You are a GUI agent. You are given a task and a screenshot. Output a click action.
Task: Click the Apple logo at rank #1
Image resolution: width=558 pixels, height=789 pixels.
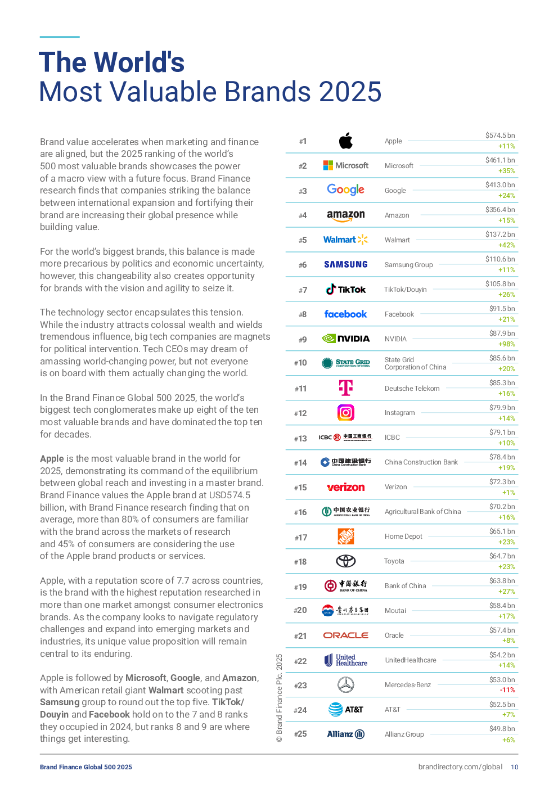tap(345, 141)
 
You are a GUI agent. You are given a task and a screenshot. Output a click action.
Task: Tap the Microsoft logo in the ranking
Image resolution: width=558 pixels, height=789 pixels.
tap(345, 165)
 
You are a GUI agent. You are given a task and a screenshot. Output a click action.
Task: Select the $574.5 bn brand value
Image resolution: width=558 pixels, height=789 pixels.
tap(500, 136)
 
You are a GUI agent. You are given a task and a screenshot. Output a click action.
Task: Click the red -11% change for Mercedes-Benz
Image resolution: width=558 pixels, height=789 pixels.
tap(507, 689)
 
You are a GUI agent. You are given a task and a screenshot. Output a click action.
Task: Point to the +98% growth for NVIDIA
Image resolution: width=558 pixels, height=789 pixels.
tap(507, 344)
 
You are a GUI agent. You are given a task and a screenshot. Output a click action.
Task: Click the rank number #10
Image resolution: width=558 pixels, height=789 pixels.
tap(300, 363)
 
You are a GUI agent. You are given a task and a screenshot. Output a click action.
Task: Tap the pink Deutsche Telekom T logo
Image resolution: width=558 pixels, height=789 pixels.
tap(345, 387)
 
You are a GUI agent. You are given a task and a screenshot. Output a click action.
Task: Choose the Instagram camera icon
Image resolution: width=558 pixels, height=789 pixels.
tap(345, 412)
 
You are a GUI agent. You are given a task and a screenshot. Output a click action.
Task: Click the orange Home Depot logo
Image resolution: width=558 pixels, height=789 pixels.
tap(345, 536)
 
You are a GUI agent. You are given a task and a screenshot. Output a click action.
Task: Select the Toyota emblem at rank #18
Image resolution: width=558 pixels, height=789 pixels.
tap(345, 561)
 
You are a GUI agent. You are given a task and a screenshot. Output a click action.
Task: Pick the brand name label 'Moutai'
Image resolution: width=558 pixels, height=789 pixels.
tap(395, 610)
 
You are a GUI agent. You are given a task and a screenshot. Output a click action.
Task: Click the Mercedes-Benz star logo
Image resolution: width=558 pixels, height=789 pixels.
tap(345, 685)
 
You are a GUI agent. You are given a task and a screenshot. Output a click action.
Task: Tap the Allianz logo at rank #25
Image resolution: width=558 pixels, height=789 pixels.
tap(345, 734)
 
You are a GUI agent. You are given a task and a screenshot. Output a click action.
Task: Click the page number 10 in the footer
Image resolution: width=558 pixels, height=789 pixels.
tap(514, 767)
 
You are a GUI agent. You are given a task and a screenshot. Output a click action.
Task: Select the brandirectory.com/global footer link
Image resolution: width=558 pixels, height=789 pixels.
tap(460, 767)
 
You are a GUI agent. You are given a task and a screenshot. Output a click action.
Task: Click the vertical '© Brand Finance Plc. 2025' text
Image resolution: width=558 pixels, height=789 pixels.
tap(280, 698)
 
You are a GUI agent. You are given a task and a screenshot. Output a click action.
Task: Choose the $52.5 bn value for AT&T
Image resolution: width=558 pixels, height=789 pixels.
tap(502, 704)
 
